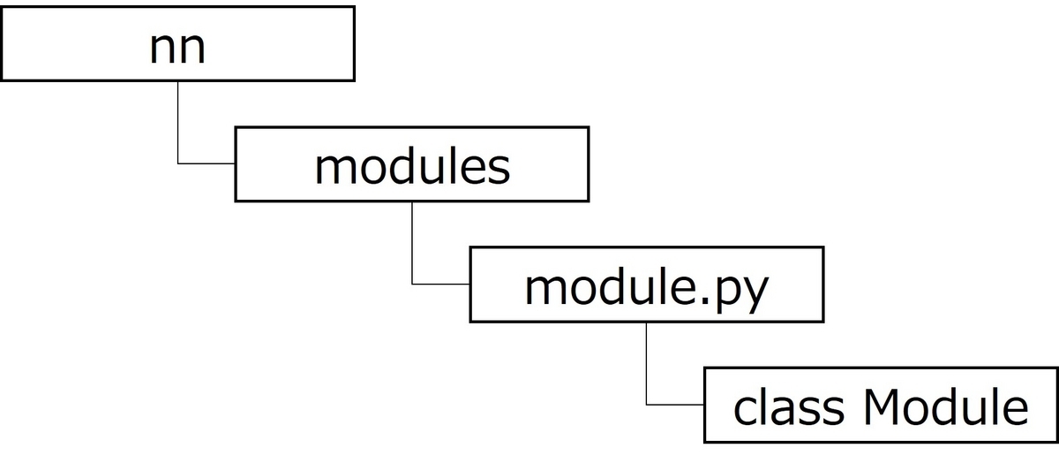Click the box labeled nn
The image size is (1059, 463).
177,43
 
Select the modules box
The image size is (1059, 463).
411,164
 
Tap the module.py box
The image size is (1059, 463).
646,285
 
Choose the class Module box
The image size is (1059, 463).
881,406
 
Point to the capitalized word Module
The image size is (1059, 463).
946,407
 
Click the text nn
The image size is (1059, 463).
178,48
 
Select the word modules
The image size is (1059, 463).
412,166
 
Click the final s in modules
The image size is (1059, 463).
500,170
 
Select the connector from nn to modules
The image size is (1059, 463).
178,124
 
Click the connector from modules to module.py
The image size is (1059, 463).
412,243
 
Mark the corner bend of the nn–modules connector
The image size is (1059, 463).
178,163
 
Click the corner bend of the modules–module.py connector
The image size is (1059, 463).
412,284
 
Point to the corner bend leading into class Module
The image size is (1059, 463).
647,405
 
